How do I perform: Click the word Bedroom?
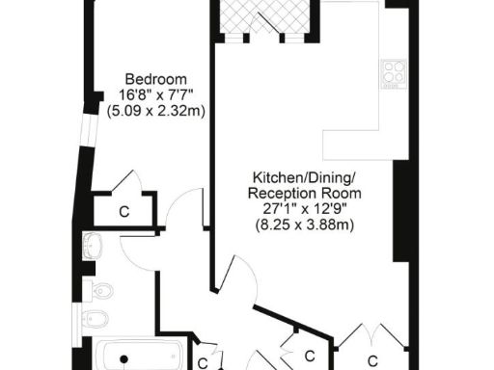154,79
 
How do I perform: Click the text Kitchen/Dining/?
303,177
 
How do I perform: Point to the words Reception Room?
303,194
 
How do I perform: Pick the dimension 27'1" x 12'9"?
303,210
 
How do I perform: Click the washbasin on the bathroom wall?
93,247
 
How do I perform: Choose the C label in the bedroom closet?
124,210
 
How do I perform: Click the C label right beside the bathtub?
203,363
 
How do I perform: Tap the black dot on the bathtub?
123,359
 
